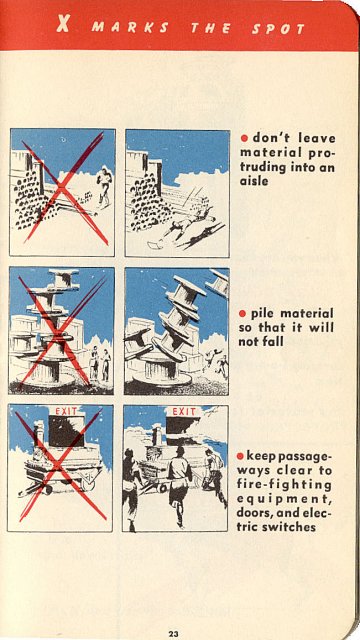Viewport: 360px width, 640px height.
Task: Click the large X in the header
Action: (63, 26)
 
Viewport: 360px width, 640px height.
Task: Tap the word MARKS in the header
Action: (132, 28)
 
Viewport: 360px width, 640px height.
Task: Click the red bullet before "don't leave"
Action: (244, 137)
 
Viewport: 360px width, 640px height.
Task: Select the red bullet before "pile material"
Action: (244, 314)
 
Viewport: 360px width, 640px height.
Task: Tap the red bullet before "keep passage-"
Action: (242, 455)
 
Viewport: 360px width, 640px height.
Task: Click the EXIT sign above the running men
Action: (185, 411)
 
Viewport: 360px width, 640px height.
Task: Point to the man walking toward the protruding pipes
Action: (103, 185)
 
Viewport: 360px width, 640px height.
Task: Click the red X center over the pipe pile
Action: (63, 191)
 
